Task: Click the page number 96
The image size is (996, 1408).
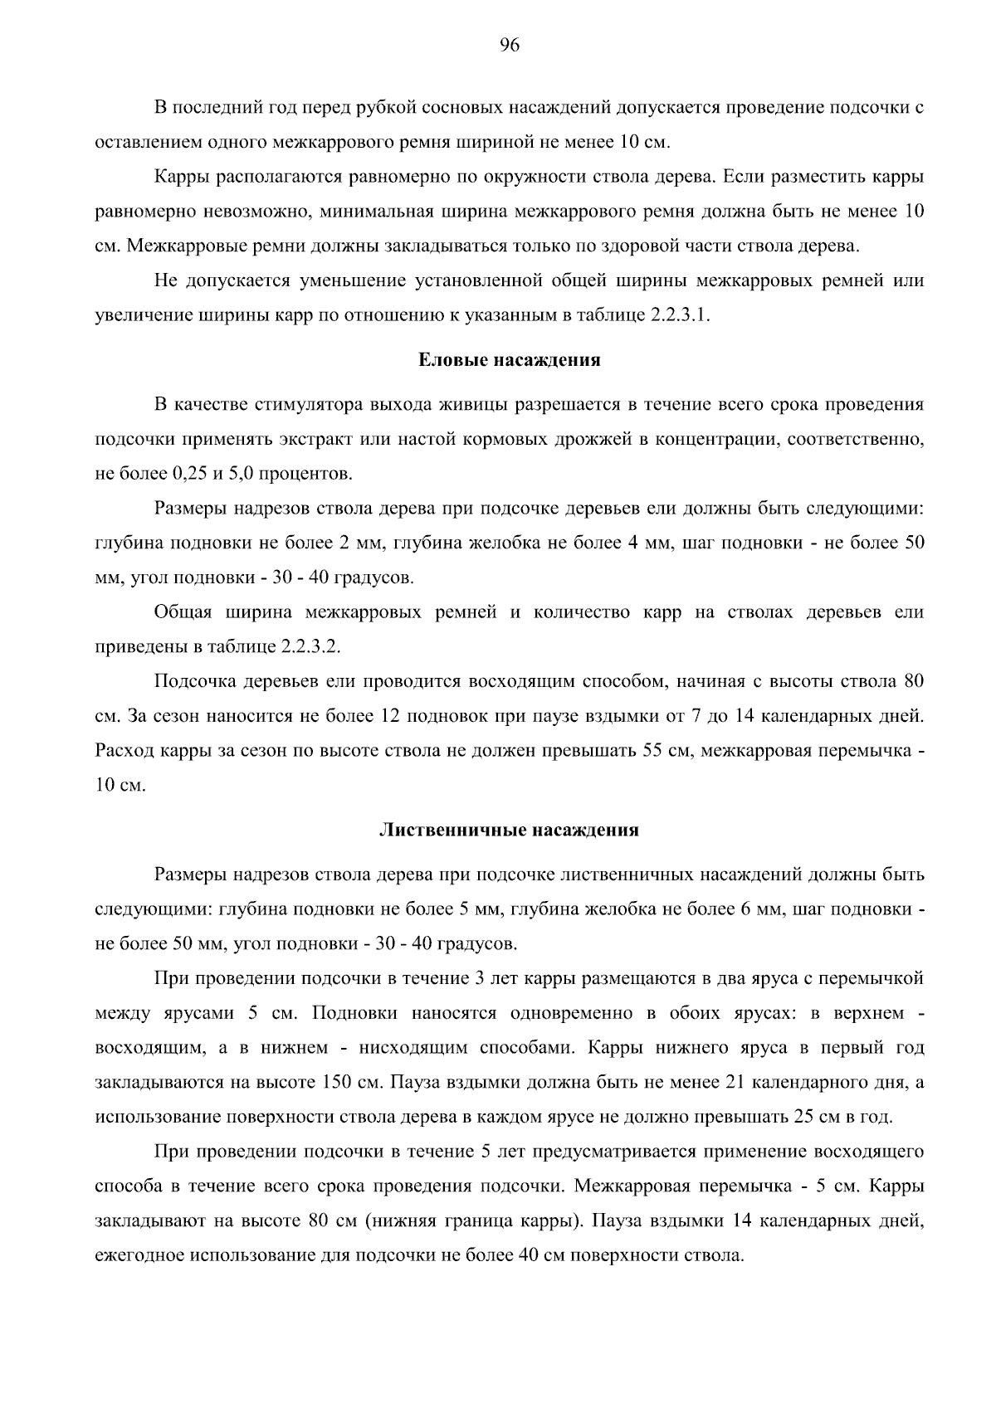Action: click(x=510, y=46)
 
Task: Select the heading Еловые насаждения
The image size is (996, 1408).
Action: click(x=509, y=360)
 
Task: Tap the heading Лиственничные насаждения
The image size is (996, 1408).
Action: click(x=509, y=830)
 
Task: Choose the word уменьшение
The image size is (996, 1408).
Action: click(x=340, y=281)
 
